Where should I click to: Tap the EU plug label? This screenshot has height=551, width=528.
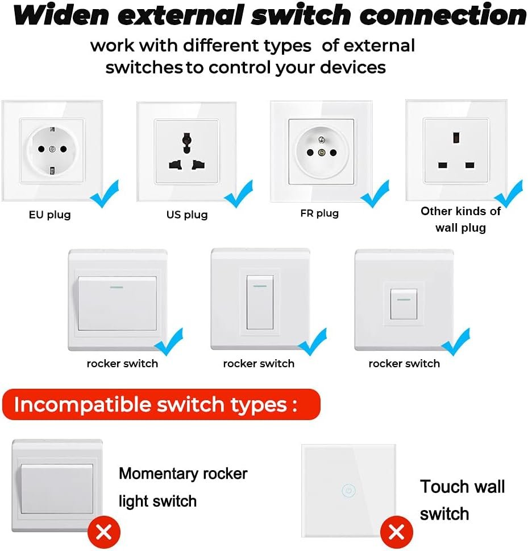[50, 215]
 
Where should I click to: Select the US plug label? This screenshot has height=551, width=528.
[187, 215]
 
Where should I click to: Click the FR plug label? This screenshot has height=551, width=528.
[319, 213]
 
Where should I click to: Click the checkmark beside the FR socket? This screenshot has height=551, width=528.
[375, 194]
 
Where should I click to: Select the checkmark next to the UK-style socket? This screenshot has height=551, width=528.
[509, 194]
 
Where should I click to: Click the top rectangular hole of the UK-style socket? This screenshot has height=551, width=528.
[456, 138]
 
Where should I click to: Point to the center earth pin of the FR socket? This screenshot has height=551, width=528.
[322, 152]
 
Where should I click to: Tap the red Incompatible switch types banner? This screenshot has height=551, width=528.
[161, 405]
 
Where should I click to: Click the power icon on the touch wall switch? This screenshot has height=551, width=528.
[347, 490]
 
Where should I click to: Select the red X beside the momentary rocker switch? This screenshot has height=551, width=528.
[104, 532]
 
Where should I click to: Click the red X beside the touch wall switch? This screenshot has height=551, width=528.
[397, 532]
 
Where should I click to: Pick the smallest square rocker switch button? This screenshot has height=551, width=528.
[404, 303]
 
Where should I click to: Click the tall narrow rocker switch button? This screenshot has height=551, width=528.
[260, 302]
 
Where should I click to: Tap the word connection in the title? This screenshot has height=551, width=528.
[443, 16]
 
